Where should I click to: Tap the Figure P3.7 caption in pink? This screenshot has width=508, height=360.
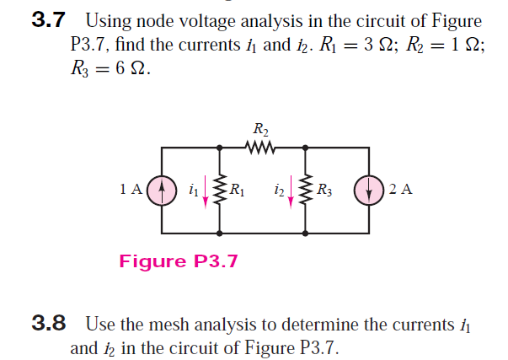point(179,261)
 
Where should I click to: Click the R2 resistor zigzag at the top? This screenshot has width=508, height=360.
point(261,148)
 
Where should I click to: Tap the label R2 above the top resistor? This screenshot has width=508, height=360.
point(261,131)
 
